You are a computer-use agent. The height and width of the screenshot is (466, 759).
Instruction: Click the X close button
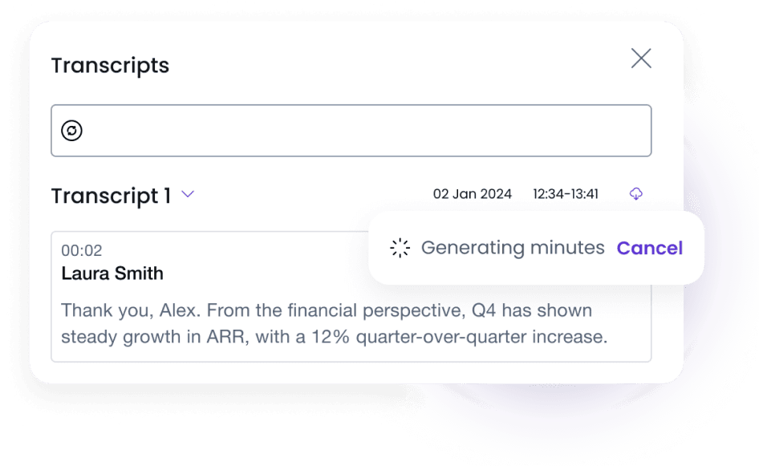point(641,59)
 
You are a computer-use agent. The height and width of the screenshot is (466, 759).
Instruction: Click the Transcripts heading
point(110,65)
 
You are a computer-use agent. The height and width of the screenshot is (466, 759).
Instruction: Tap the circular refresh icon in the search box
point(72,131)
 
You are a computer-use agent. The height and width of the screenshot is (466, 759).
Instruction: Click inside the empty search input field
point(361,131)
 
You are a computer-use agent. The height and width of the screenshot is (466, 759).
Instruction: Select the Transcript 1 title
point(111,196)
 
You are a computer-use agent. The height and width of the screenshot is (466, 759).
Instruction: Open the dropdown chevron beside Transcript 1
point(188,194)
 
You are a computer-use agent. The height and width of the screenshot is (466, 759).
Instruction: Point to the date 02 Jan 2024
point(472,194)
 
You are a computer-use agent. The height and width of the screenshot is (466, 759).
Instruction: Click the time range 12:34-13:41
point(566,194)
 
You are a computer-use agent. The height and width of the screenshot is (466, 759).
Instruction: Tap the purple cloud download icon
point(635,194)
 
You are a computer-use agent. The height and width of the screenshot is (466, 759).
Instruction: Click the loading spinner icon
point(400,249)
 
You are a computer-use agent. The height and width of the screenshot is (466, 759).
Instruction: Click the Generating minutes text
point(513,248)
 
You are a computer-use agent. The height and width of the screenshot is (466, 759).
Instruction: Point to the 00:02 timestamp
point(82,251)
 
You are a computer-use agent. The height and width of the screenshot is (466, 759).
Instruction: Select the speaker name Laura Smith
point(112,274)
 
